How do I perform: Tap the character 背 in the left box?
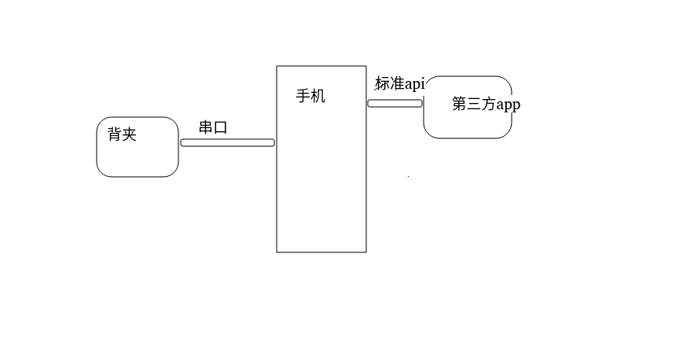(115, 134)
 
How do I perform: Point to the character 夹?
(129, 134)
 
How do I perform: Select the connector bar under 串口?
(227, 142)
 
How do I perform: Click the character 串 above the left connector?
(206, 127)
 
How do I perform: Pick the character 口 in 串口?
(220, 127)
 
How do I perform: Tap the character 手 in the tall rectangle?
(303, 97)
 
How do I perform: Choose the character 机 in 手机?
(318, 97)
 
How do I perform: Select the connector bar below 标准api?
(395, 103)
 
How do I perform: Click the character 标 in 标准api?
(382, 84)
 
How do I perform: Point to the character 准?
(397, 84)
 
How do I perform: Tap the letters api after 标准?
(414, 84)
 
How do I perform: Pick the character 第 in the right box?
(460, 104)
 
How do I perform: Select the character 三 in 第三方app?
(474, 104)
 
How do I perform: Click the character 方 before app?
(488, 104)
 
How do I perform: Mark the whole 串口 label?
(213, 127)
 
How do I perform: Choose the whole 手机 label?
(310, 97)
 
